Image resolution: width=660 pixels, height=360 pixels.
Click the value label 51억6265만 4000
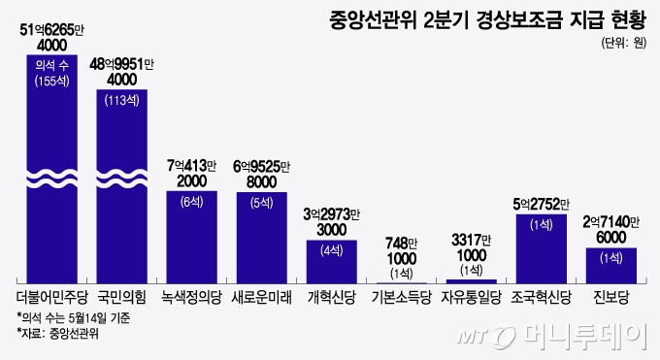tap(58, 37)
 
